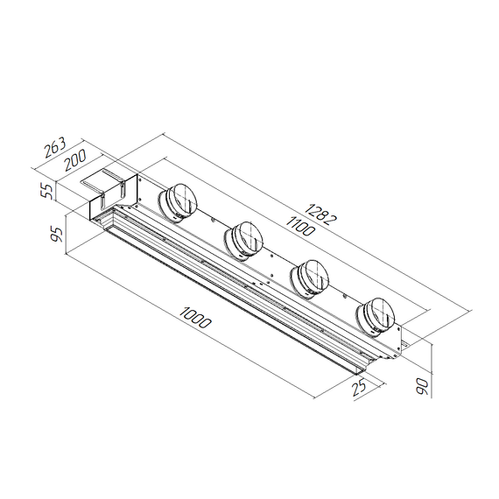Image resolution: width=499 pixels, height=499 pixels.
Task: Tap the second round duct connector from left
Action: [x=244, y=239]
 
